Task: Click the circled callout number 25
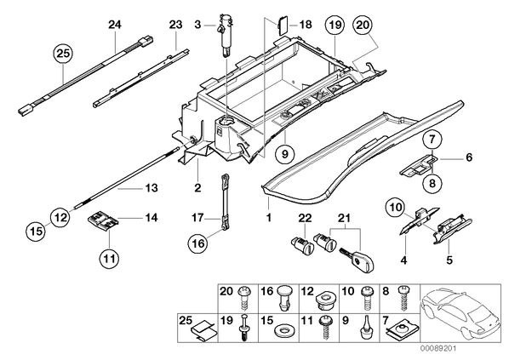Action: point(63,53)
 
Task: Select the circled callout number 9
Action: point(284,154)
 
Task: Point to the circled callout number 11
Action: point(110,259)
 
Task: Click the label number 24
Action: point(115,25)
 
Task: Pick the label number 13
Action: point(152,188)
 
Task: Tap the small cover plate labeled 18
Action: point(281,26)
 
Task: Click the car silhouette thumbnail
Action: point(460,313)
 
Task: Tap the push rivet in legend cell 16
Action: point(284,299)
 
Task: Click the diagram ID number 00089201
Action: point(438,349)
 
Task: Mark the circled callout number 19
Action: point(335,25)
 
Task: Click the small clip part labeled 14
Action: point(102,222)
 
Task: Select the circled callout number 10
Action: point(395,207)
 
